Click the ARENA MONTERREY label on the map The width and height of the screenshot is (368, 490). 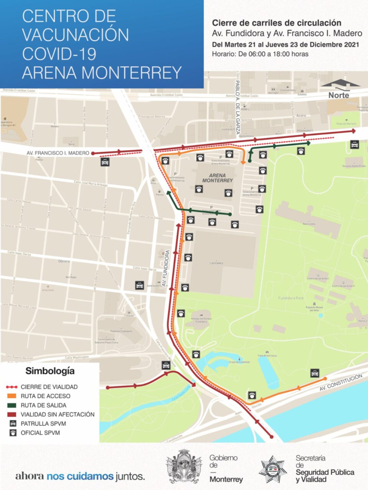coord(217,178)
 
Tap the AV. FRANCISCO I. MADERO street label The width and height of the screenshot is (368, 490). coord(58,153)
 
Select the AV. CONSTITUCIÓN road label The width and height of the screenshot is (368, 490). coord(341,382)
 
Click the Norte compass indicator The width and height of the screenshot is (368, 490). coord(339,95)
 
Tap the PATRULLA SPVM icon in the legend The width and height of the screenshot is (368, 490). coord(13,424)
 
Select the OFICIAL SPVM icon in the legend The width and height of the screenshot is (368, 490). coord(13,433)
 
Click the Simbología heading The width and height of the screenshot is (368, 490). coord(50,371)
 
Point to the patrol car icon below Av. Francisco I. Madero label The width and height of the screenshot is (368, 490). coord(105,162)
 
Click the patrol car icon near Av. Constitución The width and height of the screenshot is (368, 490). coord(315,373)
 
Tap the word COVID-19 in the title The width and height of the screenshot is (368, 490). coord(59,54)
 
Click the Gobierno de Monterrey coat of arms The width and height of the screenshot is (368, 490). coord(184,467)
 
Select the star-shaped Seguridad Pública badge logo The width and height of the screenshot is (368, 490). coord(273,470)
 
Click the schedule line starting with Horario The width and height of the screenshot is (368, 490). coord(260,54)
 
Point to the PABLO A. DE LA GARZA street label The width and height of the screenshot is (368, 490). coord(237,107)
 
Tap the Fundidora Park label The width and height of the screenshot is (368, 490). coord(291,298)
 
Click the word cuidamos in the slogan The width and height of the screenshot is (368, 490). coord(90,476)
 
